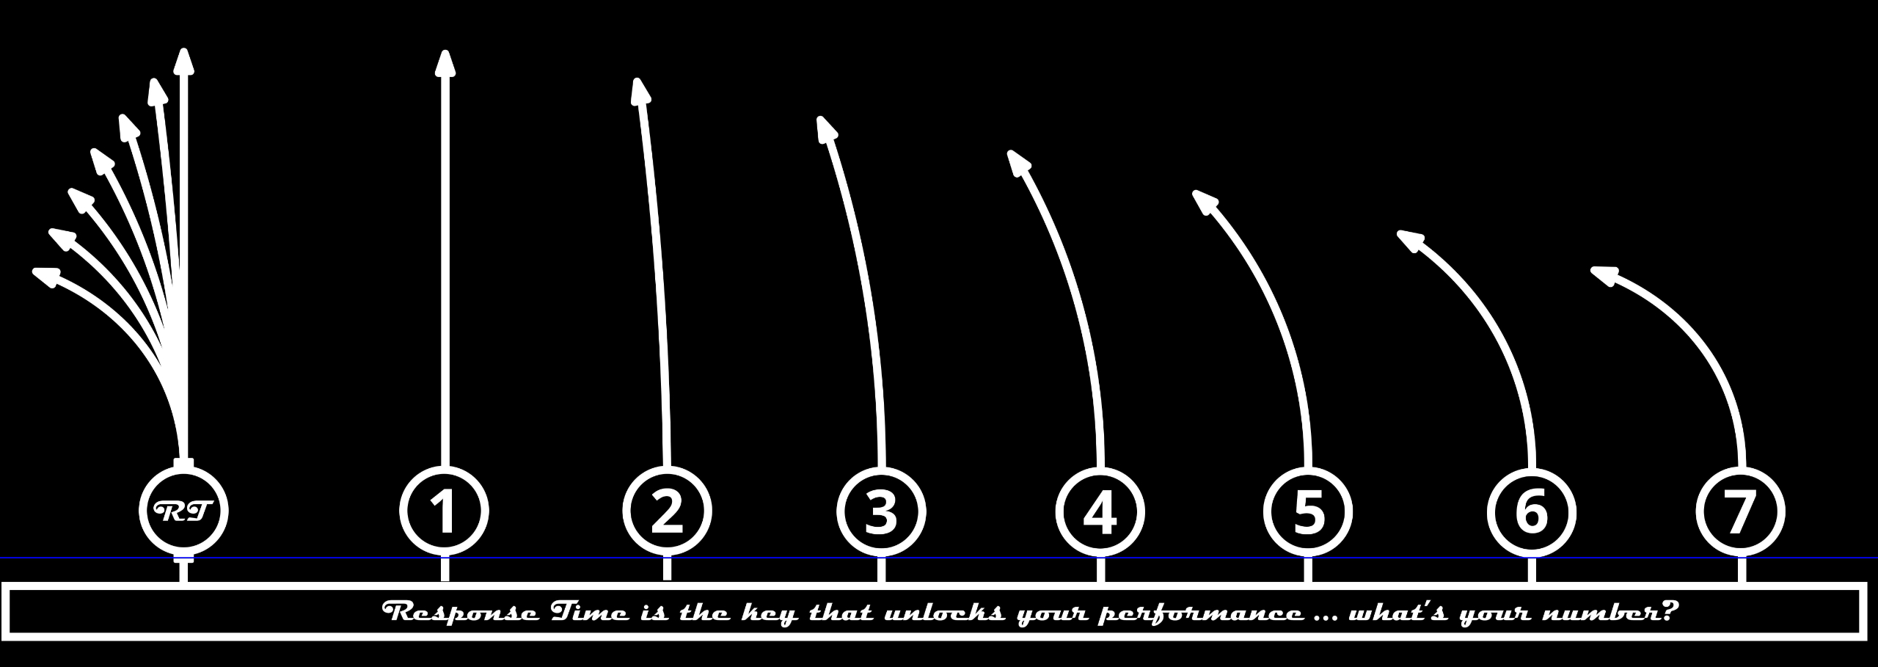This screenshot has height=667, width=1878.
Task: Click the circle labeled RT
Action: [183, 511]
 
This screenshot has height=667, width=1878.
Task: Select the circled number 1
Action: [444, 511]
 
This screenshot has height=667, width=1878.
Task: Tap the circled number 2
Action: [667, 511]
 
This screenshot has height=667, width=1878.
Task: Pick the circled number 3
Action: [881, 511]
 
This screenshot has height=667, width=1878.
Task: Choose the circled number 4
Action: [1100, 511]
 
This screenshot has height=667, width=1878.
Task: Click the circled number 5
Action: [1308, 511]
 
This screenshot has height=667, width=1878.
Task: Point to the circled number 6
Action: [1532, 511]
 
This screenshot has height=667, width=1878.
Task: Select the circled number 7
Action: [1741, 511]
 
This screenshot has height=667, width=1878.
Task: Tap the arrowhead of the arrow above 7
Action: [1604, 276]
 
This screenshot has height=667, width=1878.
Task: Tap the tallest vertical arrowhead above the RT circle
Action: [183, 62]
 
